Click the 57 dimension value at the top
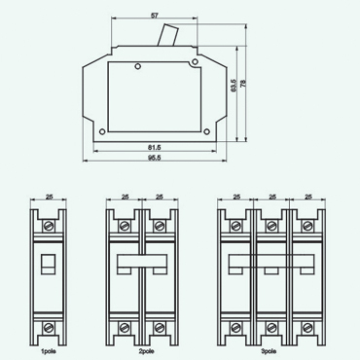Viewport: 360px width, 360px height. tap(156, 17)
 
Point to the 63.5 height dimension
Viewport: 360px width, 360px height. tap(232, 87)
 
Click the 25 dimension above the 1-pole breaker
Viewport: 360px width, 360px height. tap(50, 198)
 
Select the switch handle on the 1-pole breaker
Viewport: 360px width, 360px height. tap(50, 263)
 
